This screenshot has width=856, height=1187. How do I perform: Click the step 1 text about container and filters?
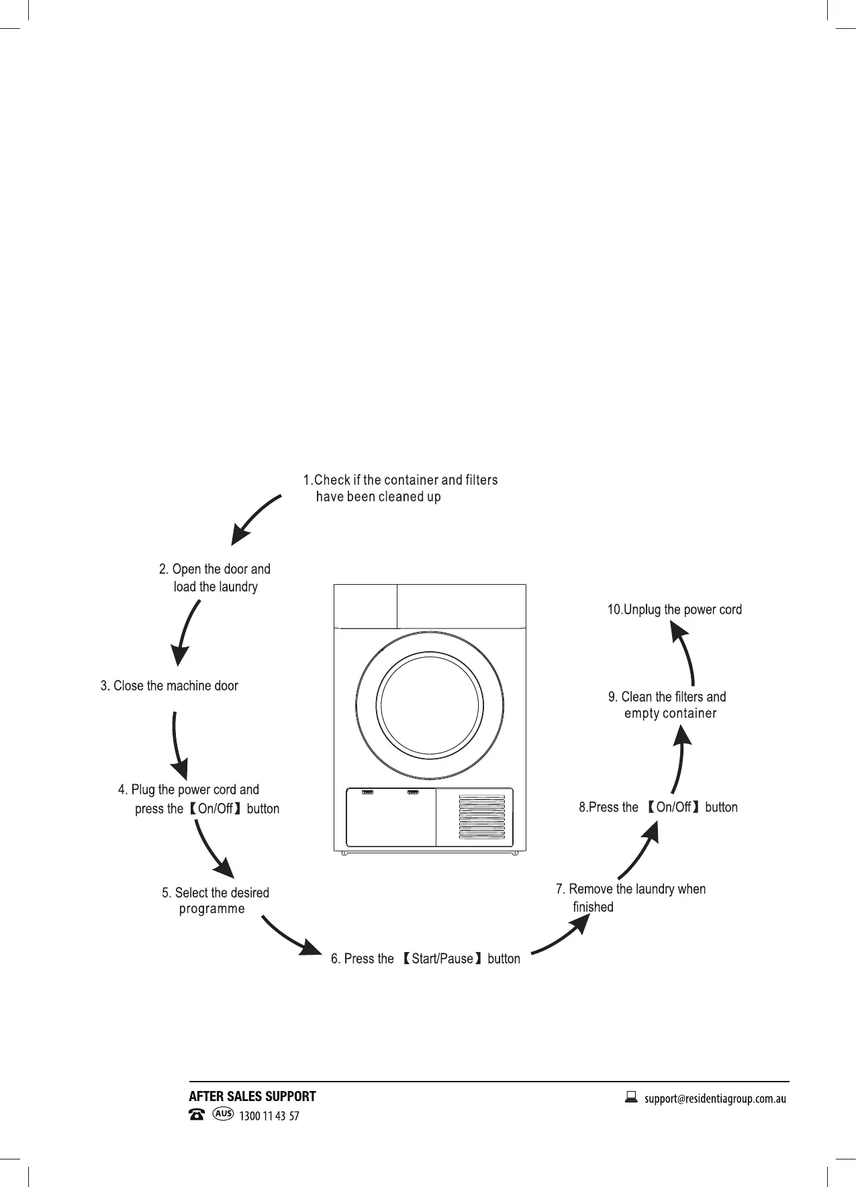pyautogui.click(x=400, y=488)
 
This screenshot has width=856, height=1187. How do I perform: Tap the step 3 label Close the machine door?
pyautogui.click(x=169, y=685)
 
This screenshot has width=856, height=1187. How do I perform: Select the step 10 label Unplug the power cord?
pyautogui.click(x=674, y=610)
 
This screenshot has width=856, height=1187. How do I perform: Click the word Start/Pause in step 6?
pyautogui.click(x=442, y=959)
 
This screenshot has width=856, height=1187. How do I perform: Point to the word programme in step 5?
pyautogui.click(x=211, y=909)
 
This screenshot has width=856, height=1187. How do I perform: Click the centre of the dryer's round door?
pyautogui.click(x=430, y=705)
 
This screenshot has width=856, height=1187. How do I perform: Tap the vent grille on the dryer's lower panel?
pyautogui.click(x=481, y=817)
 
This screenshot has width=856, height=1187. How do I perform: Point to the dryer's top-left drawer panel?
pyautogui.click(x=365, y=606)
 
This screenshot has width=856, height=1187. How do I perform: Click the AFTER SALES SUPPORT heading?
pyautogui.click(x=252, y=1096)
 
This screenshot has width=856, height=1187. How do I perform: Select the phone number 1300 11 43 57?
pyautogui.click(x=269, y=1116)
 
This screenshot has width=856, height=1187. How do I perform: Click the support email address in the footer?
pyautogui.click(x=715, y=1099)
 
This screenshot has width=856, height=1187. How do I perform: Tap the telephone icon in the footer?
pyautogui.click(x=197, y=1115)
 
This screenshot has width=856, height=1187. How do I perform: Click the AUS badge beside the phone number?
pyautogui.click(x=223, y=1114)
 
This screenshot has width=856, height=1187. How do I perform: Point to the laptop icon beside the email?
pyautogui.click(x=631, y=1098)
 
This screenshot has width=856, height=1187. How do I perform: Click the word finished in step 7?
pyautogui.click(x=593, y=907)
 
